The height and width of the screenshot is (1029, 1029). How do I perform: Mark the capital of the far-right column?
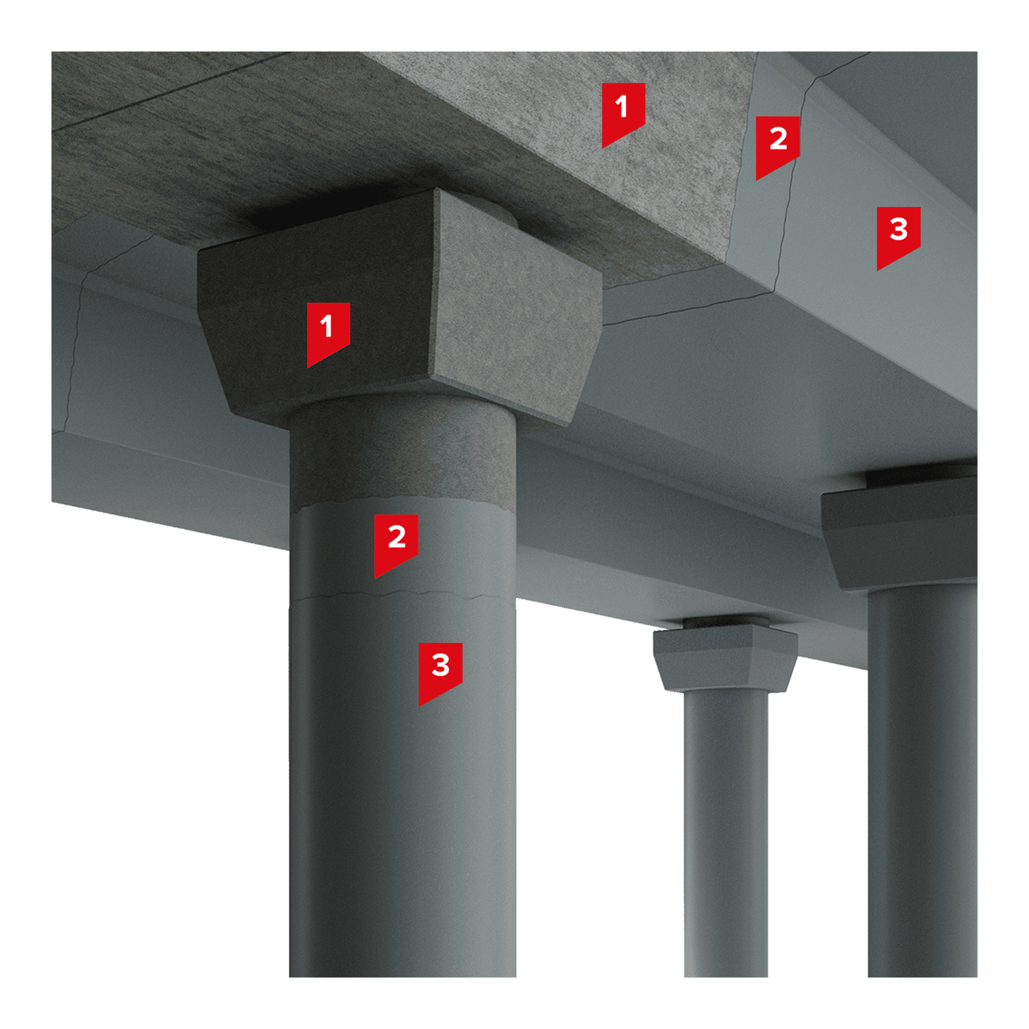click(x=900, y=533)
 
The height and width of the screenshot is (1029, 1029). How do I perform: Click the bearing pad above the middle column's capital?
click(x=725, y=622)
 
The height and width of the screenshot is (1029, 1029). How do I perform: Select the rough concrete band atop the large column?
click(x=403, y=453)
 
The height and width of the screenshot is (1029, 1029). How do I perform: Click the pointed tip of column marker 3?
click(x=420, y=706)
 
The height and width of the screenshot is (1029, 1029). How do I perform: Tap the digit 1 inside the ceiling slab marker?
click(x=621, y=107)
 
